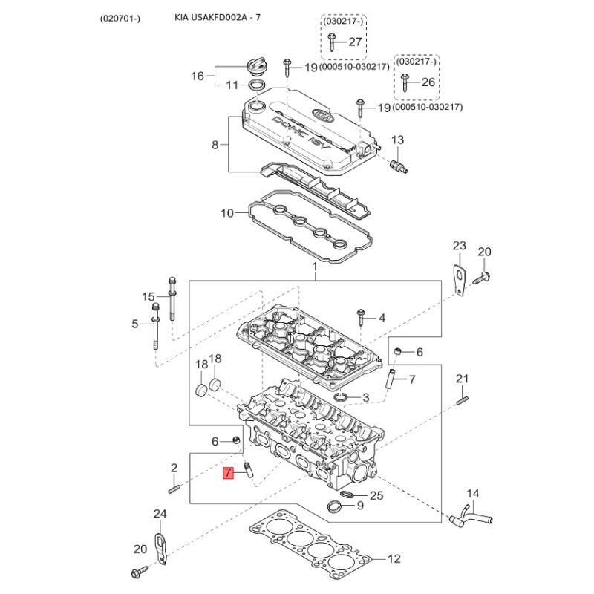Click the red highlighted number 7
pyautogui.click(x=229, y=472)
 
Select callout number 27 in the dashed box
pyautogui.click(x=355, y=42)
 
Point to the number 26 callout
pyautogui.click(x=428, y=82)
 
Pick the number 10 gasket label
pyautogui.click(x=227, y=214)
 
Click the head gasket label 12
pyautogui.click(x=394, y=558)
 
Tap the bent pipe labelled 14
pyautogui.click(x=466, y=514)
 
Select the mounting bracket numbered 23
pyautogui.click(x=460, y=278)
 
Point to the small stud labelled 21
pyautogui.click(x=461, y=402)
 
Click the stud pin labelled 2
pyautogui.click(x=175, y=488)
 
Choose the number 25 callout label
pyautogui.click(x=376, y=495)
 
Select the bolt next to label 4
pyautogui.click(x=361, y=318)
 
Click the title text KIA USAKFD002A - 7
pyautogui.click(x=218, y=17)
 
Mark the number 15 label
pyautogui.click(x=149, y=297)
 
